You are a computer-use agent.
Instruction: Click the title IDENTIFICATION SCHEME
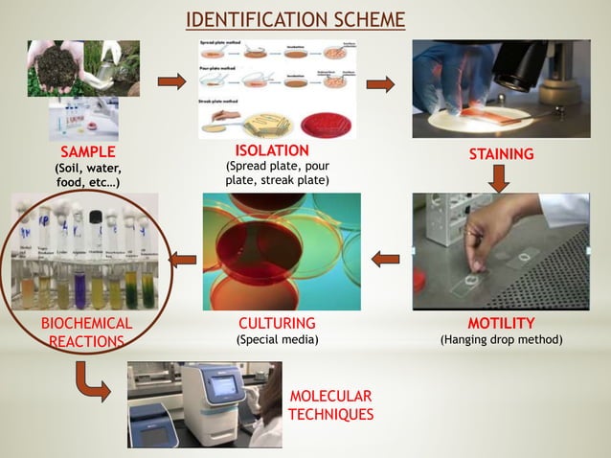point(294,20)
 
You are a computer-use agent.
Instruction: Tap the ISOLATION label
point(272,151)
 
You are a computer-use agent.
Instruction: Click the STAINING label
point(501,153)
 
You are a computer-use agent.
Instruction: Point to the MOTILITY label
point(501,323)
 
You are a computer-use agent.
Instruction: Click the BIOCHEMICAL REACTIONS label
point(86,332)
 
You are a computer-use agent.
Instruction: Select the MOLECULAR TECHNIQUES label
point(330,405)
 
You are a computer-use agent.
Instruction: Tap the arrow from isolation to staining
point(380,84)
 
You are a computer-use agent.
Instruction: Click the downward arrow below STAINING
point(500,176)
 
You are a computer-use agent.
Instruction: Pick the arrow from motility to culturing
point(385,257)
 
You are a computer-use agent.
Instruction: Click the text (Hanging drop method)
point(501,339)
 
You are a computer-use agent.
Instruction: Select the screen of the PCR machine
point(226,386)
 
